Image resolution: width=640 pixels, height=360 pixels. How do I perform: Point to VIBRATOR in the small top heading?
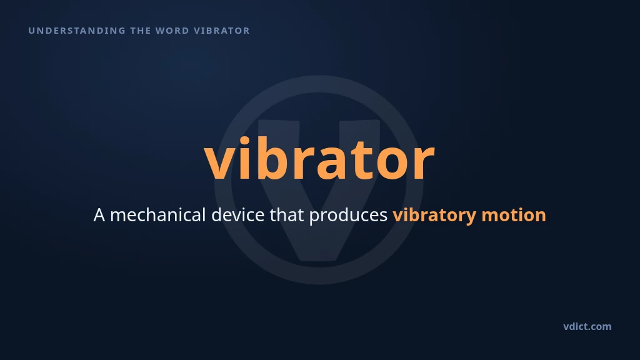(x=222, y=31)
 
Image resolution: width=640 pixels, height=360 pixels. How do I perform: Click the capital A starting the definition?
(x=99, y=215)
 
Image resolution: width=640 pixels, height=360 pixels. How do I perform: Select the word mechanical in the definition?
(x=158, y=214)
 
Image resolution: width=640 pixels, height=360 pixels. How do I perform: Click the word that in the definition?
(x=286, y=214)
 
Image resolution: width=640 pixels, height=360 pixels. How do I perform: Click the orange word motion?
(x=514, y=215)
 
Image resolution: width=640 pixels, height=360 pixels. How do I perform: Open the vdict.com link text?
(x=587, y=326)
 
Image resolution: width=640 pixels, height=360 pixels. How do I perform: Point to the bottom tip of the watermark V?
(x=319, y=261)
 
